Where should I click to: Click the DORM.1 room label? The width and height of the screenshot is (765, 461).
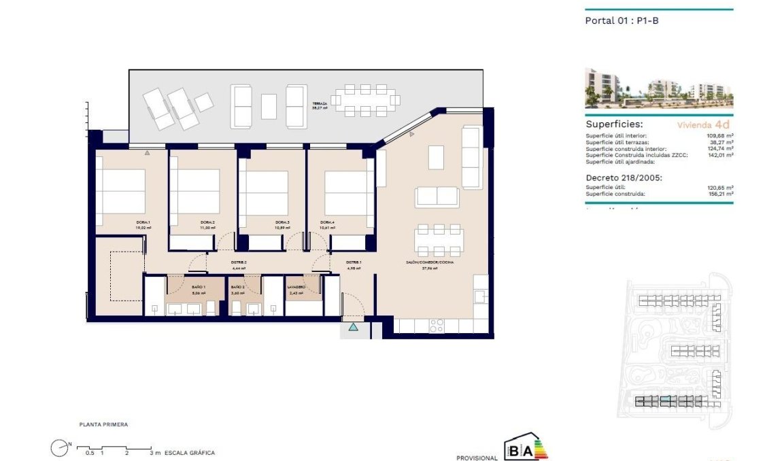[143, 222]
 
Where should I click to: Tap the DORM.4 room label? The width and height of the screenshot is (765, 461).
[328, 222]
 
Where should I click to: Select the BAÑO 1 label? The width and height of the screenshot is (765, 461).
[180, 288]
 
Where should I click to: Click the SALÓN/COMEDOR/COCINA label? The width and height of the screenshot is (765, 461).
[428, 262]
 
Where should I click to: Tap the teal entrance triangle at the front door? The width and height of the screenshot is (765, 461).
[353, 328]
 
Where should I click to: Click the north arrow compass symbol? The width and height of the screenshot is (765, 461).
[60, 447]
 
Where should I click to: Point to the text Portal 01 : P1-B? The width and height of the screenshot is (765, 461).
[622, 20]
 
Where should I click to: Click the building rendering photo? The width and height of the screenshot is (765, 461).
[658, 88]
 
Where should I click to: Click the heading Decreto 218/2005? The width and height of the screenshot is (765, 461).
[624, 177]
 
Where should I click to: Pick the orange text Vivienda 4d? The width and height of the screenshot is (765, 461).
[703, 125]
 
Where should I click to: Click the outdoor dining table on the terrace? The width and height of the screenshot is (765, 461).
[365, 100]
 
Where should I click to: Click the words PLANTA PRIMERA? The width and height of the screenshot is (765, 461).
[103, 424]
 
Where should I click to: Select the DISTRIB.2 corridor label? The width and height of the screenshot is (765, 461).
[239, 262]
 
